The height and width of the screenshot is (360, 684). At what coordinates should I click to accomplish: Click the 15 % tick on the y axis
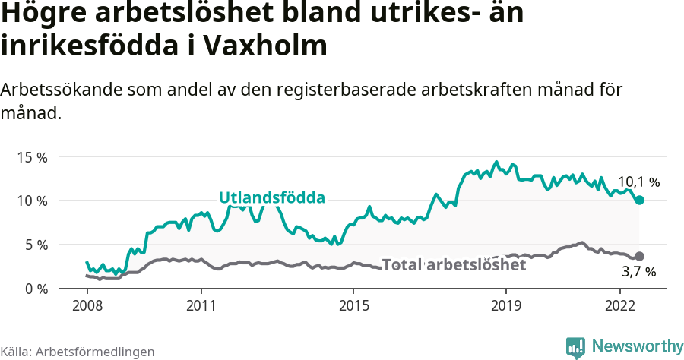33,157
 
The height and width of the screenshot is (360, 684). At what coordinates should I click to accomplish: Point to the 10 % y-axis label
33,201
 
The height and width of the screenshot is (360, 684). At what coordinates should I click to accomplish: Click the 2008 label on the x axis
87,308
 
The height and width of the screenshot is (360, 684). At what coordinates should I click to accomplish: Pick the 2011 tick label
201,308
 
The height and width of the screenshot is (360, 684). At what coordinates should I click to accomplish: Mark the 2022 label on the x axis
620,308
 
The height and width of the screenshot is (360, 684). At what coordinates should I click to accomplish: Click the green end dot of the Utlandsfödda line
640,200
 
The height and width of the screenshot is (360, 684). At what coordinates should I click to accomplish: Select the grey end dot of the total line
640,257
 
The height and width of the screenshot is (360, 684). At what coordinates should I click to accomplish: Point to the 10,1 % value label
638,182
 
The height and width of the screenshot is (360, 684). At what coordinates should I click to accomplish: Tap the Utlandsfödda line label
272,197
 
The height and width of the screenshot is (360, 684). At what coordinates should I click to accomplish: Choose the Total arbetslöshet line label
454,265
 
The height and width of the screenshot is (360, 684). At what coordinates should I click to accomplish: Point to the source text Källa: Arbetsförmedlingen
78,352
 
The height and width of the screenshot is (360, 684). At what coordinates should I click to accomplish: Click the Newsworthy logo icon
575,347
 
